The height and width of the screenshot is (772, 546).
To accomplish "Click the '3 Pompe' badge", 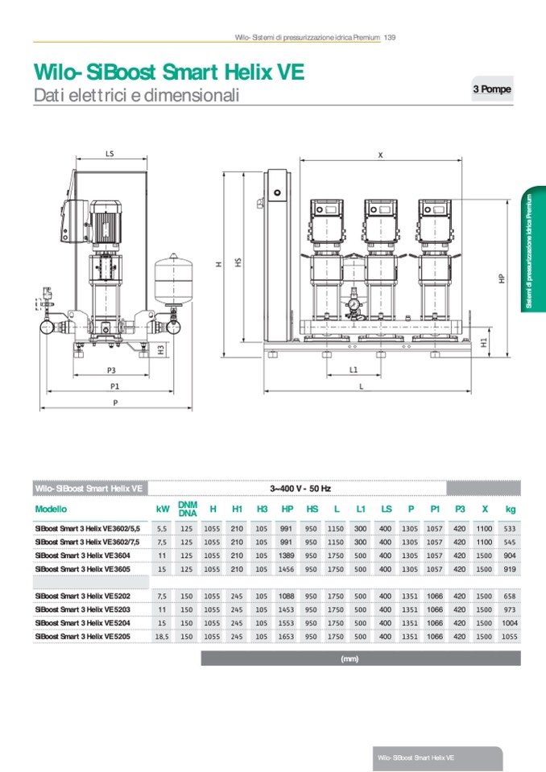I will click(x=491, y=89).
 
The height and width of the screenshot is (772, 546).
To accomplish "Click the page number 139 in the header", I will click(x=389, y=37).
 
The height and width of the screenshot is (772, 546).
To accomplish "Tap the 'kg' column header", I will click(x=510, y=509).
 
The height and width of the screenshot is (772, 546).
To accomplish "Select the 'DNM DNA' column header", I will click(x=188, y=509).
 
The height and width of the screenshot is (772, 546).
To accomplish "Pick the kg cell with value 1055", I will click(x=509, y=636).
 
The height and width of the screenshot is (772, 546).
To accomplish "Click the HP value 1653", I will click(x=287, y=636).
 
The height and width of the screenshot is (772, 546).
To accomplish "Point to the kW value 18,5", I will click(x=162, y=636).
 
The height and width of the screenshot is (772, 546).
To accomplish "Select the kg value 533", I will click(x=510, y=529).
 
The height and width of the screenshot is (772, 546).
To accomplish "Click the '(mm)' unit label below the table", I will click(x=350, y=658).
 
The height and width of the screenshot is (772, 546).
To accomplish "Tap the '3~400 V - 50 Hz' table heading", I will click(x=298, y=488).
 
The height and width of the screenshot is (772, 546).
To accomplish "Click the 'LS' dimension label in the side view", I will click(x=110, y=152).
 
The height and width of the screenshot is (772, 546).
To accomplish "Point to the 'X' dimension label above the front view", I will click(x=380, y=156).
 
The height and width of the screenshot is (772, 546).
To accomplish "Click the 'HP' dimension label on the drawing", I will click(x=501, y=278).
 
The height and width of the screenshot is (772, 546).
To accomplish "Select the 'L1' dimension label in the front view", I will click(x=354, y=369).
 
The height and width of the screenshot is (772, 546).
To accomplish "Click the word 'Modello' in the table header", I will click(x=51, y=509).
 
